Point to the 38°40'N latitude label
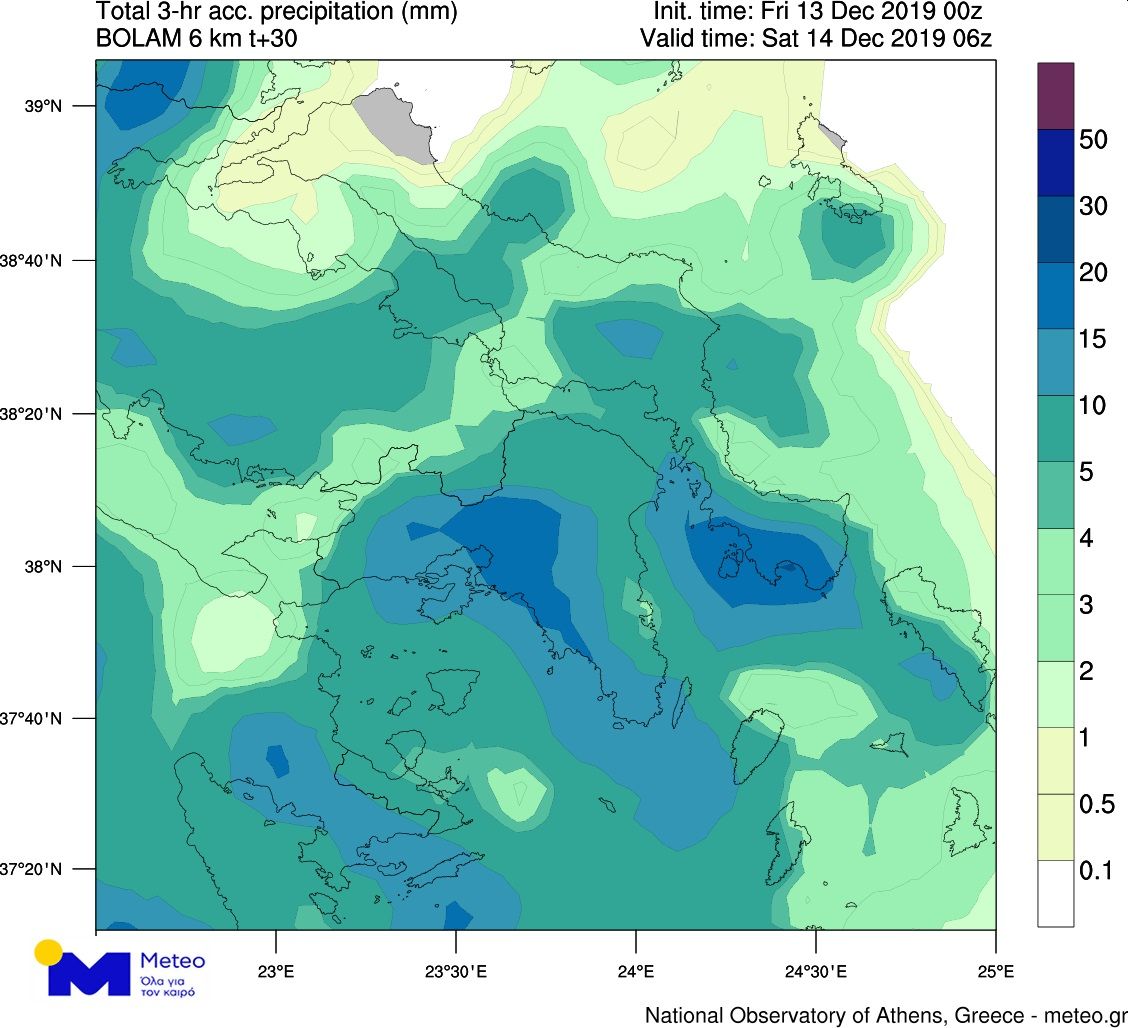point(35,261)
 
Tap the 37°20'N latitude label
point(35,869)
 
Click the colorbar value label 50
point(1093,139)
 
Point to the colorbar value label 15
point(1093,339)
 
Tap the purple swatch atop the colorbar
point(1055,96)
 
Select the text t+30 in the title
point(268,39)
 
